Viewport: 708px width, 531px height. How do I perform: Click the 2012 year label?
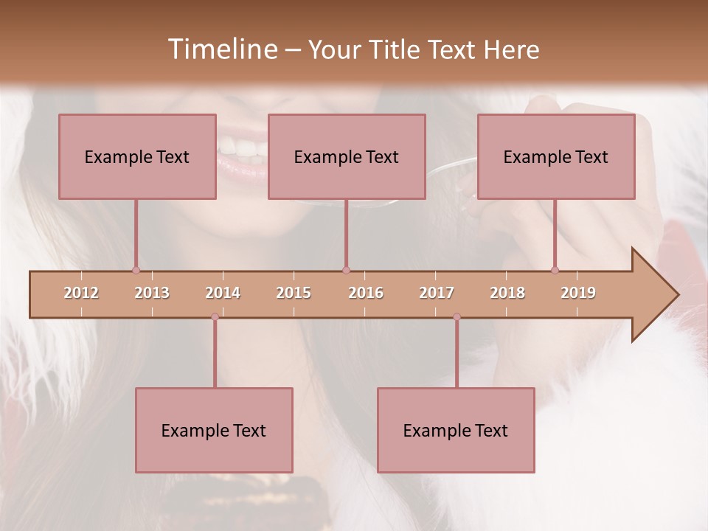pyautogui.click(x=81, y=293)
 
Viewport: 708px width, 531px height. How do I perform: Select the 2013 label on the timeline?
pyautogui.click(x=152, y=293)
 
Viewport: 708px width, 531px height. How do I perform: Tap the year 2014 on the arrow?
pyautogui.click(x=223, y=293)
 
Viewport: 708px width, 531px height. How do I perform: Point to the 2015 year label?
pyautogui.click(x=294, y=293)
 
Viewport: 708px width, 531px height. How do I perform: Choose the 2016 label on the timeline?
pyautogui.click(x=366, y=293)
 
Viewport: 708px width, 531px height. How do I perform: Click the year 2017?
pyautogui.click(x=437, y=293)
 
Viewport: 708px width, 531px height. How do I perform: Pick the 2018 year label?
pyautogui.click(x=507, y=293)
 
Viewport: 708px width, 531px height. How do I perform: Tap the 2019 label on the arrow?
pyautogui.click(x=578, y=293)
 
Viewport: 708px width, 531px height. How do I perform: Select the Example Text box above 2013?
pyautogui.click(x=137, y=156)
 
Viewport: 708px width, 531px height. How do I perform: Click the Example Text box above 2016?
pyautogui.click(x=347, y=156)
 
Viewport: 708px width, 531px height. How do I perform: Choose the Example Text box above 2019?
pyautogui.click(x=556, y=156)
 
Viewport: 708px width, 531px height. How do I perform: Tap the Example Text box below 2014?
pyautogui.click(x=214, y=430)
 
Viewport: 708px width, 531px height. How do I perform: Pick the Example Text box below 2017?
pyautogui.click(x=456, y=430)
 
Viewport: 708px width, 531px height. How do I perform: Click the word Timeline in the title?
pyautogui.click(x=221, y=49)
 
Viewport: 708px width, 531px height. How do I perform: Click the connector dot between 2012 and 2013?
pyautogui.click(x=136, y=270)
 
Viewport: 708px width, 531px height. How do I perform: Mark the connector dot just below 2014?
pyautogui.click(x=215, y=317)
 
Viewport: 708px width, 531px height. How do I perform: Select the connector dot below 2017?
pyautogui.click(x=457, y=317)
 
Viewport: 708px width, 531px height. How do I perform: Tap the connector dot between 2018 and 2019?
pyautogui.click(x=555, y=270)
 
